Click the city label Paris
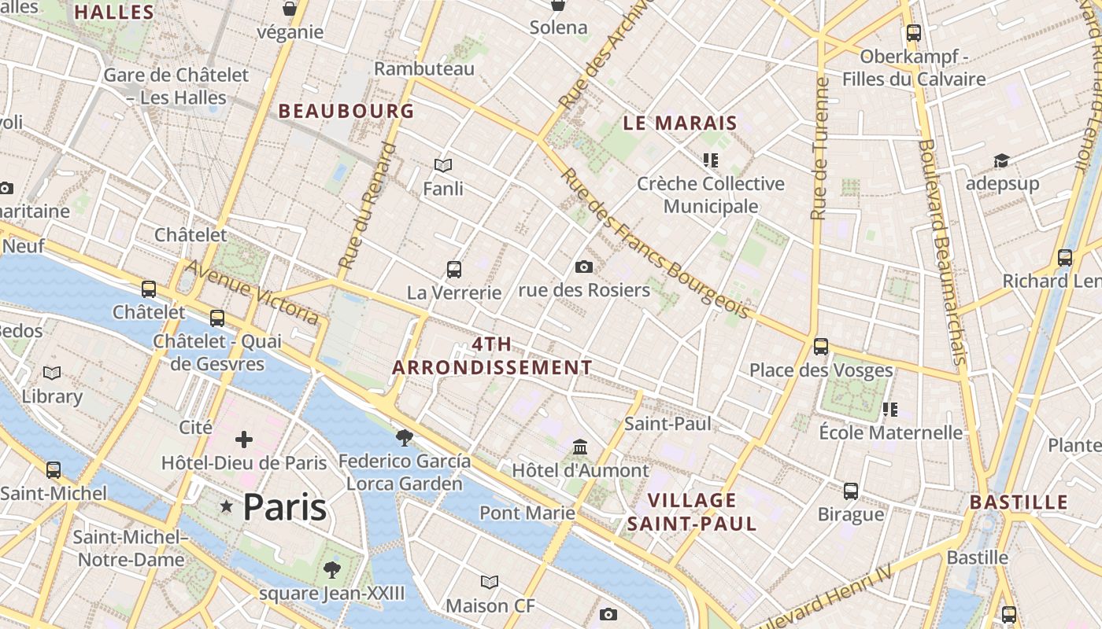coord(284,507)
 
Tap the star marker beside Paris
coord(227,507)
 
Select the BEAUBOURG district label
coord(346,111)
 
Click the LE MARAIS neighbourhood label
coord(680,123)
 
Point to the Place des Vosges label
coord(821,370)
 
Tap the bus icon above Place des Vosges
coord(821,346)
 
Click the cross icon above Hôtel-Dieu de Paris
coord(244,440)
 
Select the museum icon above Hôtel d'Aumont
coord(581,447)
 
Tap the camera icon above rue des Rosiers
coord(583,267)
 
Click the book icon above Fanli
coord(443,165)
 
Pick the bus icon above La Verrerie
coord(454,269)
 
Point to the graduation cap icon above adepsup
coord(1001,160)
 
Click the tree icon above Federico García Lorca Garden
coord(405,437)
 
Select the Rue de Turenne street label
coord(820,149)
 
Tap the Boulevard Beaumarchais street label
coord(941,252)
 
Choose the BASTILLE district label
coord(1019,502)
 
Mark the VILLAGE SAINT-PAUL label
coord(692,511)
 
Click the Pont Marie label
coord(527,513)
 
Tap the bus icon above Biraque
coord(851,491)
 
